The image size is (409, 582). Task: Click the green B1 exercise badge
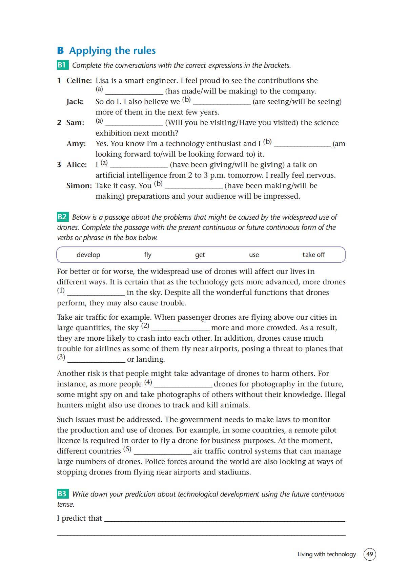coord(62,65)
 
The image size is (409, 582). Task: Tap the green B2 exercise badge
coord(62,217)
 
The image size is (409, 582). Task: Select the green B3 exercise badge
coord(62,494)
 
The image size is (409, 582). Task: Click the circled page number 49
coord(369,554)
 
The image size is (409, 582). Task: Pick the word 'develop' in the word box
coord(88,255)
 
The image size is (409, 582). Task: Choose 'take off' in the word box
coord(313,255)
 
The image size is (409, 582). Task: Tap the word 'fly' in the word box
coord(148,255)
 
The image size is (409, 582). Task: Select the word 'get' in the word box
coord(200,255)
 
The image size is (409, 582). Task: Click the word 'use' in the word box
coord(254,255)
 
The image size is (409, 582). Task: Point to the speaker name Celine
coord(79,81)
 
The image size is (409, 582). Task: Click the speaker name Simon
coord(79,186)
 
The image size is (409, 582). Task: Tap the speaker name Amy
coord(76,144)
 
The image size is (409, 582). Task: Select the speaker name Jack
coord(75,102)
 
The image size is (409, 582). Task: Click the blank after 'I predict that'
coord(224,519)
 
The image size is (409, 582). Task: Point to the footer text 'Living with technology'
coord(326,554)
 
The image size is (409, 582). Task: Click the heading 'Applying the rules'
coord(112,51)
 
